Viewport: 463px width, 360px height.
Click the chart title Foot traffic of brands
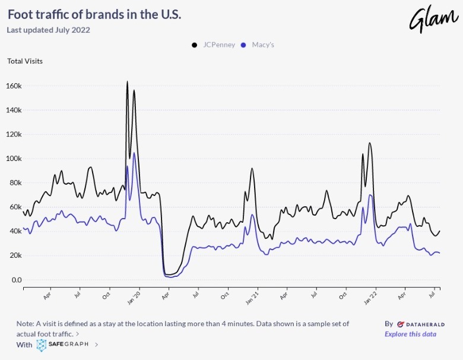[x=94, y=14]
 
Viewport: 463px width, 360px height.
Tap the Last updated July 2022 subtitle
[x=48, y=30]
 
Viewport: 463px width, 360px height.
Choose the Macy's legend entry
[x=258, y=45]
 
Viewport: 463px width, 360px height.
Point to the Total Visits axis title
[x=25, y=61]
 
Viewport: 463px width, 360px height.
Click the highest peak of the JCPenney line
[x=127, y=81]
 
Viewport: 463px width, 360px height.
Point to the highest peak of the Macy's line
[x=134, y=153]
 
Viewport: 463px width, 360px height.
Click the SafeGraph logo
[x=62, y=344]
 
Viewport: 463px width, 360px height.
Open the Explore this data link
[x=410, y=334]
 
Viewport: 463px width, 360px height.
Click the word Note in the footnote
[x=25, y=324]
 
